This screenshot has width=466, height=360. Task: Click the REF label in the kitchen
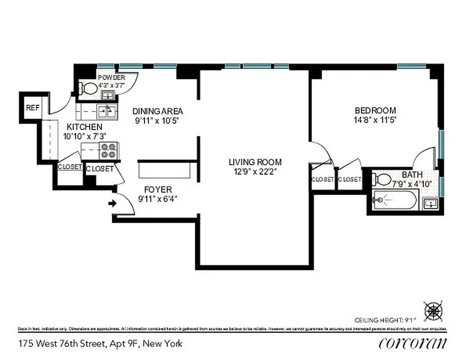32,108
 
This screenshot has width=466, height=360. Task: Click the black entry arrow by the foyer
112,203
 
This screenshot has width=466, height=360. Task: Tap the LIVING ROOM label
255,162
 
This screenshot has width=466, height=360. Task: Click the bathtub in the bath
395,200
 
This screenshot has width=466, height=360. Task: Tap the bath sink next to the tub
430,204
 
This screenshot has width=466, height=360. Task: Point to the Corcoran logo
413,343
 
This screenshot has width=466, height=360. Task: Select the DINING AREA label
157,111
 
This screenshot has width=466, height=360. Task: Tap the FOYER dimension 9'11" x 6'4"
158,199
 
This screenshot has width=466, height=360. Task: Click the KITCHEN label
84,127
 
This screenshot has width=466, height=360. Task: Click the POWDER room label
111,77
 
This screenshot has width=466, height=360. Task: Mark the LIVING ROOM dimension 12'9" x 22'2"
255,171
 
